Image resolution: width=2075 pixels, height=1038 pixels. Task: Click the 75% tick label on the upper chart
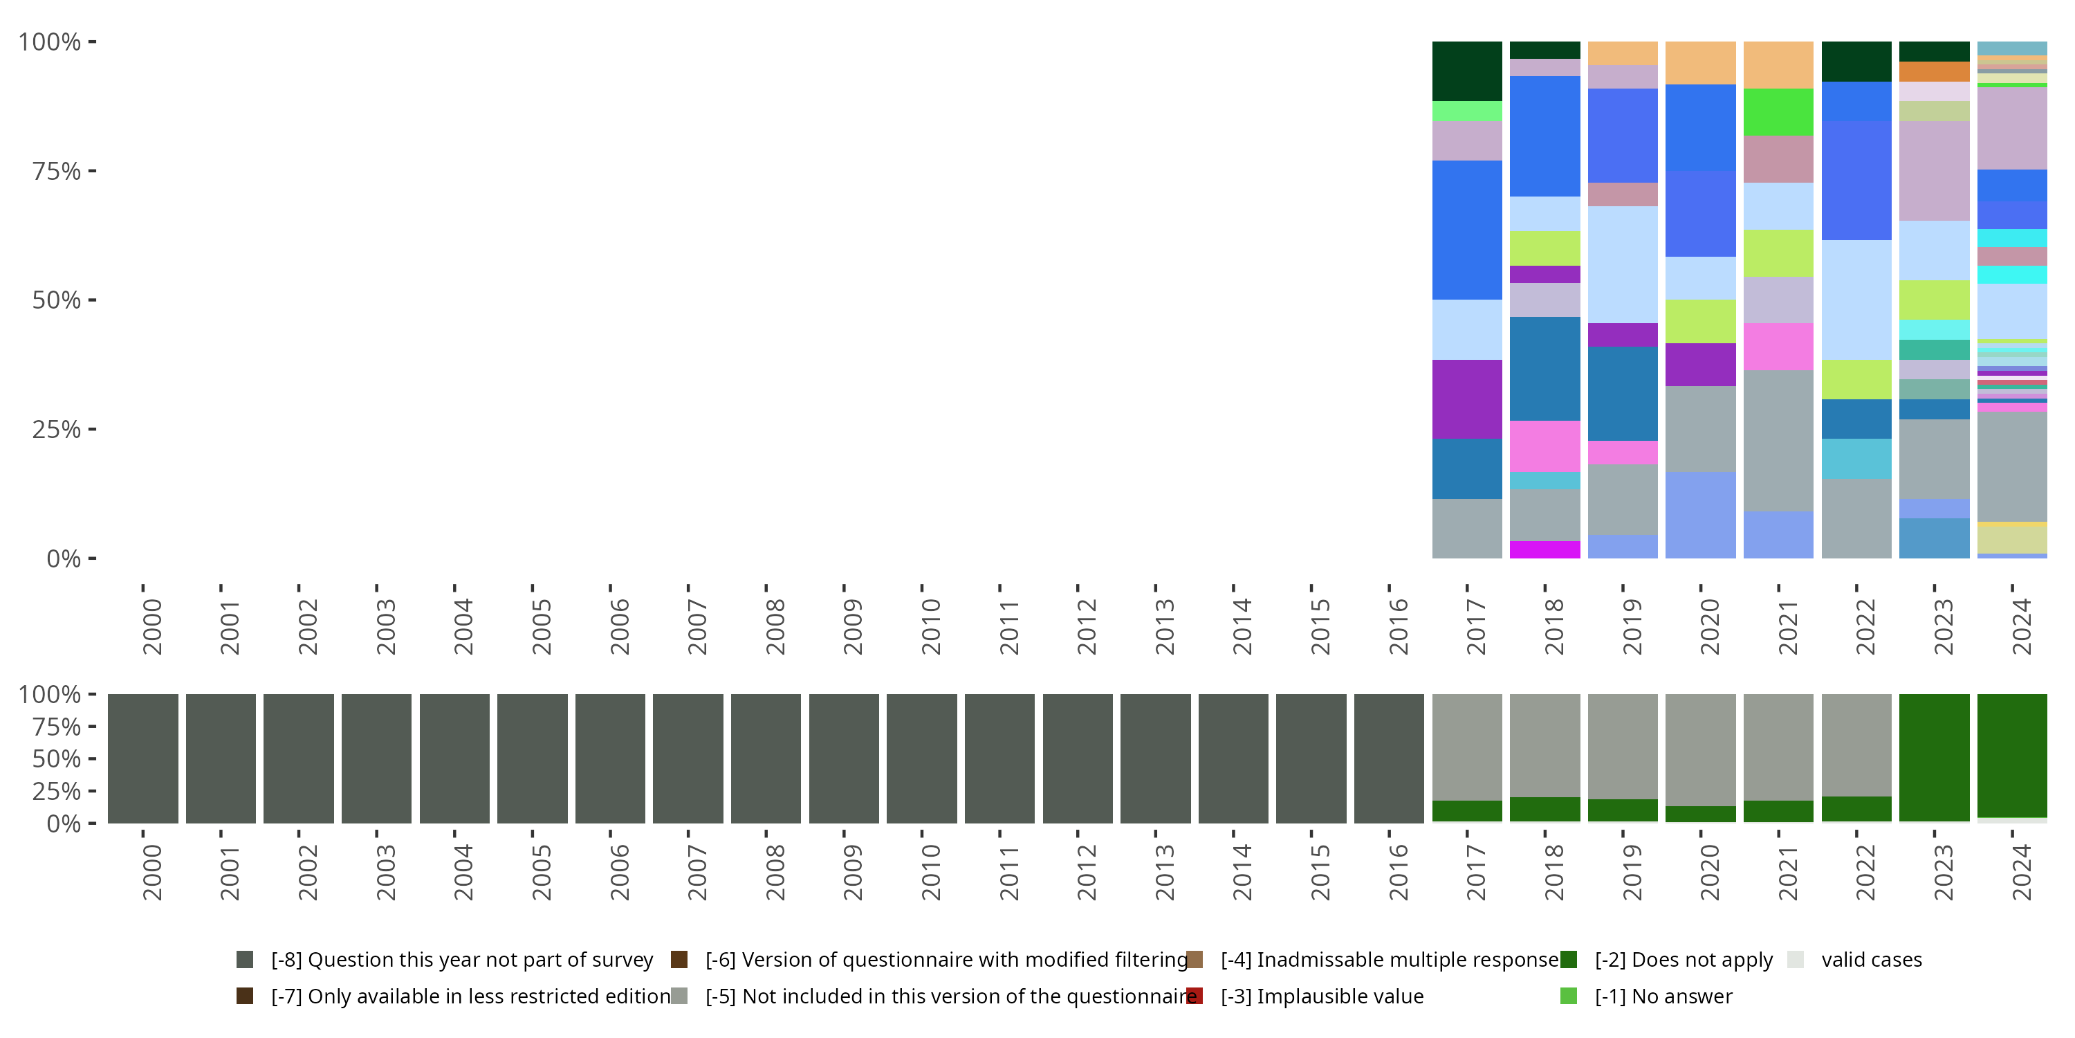(55, 172)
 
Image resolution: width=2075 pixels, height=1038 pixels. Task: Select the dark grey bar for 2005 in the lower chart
(532, 758)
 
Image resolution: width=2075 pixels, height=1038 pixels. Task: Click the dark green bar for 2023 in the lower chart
(1933, 758)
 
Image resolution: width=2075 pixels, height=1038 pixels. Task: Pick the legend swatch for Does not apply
(1568, 960)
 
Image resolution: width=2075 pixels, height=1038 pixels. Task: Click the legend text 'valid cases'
(1871, 960)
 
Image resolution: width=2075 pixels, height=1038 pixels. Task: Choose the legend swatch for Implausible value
(1195, 996)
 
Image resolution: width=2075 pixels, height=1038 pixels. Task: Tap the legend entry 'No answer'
(1663, 996)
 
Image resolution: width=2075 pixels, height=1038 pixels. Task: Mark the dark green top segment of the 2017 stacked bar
(1467, 71)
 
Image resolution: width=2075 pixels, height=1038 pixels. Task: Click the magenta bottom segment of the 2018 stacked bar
(1544, 549)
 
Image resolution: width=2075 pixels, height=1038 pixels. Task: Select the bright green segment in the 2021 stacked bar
(1778, 112)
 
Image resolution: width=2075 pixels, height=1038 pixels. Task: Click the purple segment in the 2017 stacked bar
(1467, 399)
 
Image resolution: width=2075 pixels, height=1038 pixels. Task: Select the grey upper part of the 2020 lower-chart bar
(1699, 749)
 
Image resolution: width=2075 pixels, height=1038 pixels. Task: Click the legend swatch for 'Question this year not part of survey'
(245, 960)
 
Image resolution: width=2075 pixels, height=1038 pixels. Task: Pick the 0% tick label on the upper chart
(63, 558)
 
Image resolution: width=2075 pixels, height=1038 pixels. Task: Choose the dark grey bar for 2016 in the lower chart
(1389, 758)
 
